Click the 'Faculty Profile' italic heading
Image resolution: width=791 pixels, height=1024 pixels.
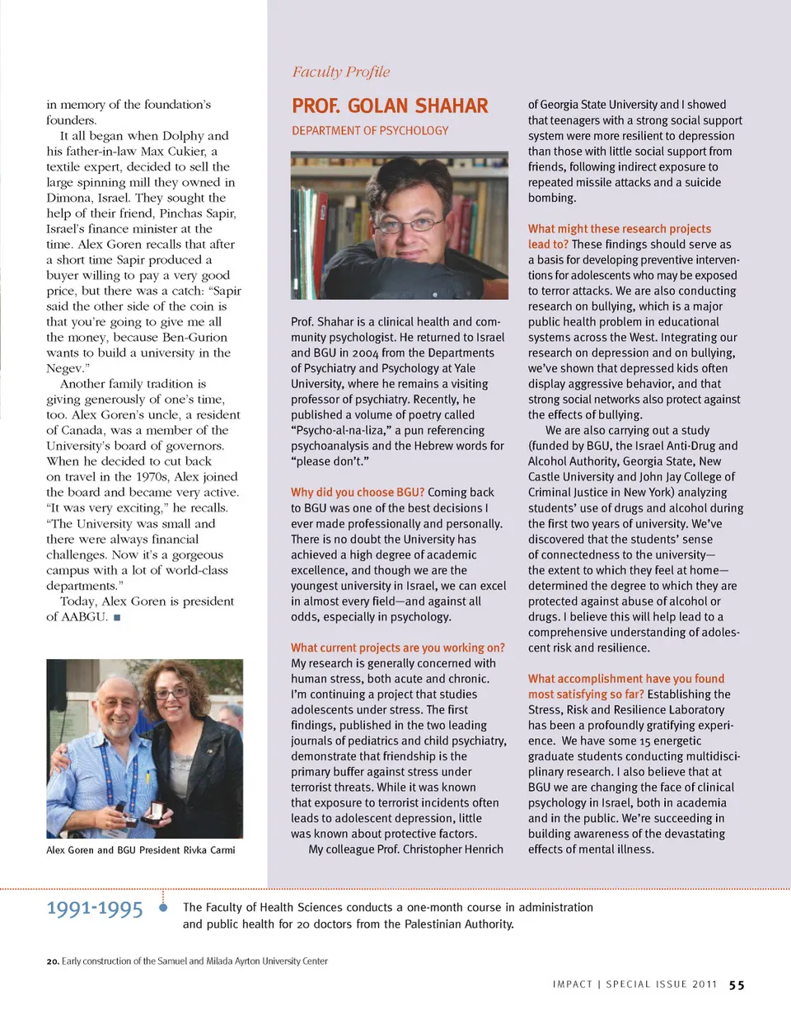point(341,72)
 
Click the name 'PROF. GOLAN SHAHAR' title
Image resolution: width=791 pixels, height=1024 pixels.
point(390,106)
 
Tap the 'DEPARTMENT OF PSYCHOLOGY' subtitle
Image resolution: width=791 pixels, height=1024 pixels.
point(370,130)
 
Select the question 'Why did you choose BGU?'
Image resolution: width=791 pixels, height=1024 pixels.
point(358,492)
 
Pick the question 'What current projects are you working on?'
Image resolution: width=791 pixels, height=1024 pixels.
point(397,648)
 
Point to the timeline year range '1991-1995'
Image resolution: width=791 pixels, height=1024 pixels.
point(95,909)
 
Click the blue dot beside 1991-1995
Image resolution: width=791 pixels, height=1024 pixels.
point(163,908)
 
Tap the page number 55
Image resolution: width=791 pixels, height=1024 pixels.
point(737,984)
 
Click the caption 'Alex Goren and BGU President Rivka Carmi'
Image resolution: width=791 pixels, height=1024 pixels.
point(141,849)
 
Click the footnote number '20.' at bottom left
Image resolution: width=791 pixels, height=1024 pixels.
point(53,961)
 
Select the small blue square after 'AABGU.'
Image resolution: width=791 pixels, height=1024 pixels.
point(118,617)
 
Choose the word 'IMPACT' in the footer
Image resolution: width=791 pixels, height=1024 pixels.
point(573,984)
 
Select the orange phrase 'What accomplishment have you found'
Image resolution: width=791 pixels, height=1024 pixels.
point(626,679)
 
